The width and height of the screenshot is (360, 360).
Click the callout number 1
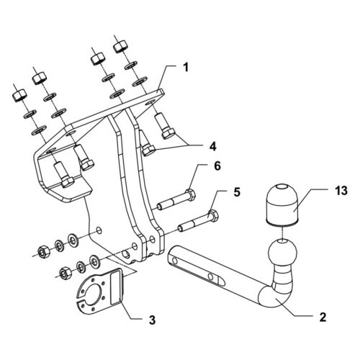click(x=185, y=67)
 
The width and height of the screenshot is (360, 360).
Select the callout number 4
click(x=212, y=146)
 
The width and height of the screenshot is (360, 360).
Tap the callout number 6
click(x=217, y=166)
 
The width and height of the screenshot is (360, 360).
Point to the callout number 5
click(x=237, y=192)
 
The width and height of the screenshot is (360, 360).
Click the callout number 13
click(x=341, y=191)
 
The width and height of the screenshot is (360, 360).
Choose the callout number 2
click(x=323, y=317)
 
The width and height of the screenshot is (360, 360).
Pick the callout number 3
click(x=152, y=320)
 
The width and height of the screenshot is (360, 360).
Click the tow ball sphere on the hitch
click(x=283, y=253)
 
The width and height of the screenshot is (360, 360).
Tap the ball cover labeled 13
click(x=282, y=204)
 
